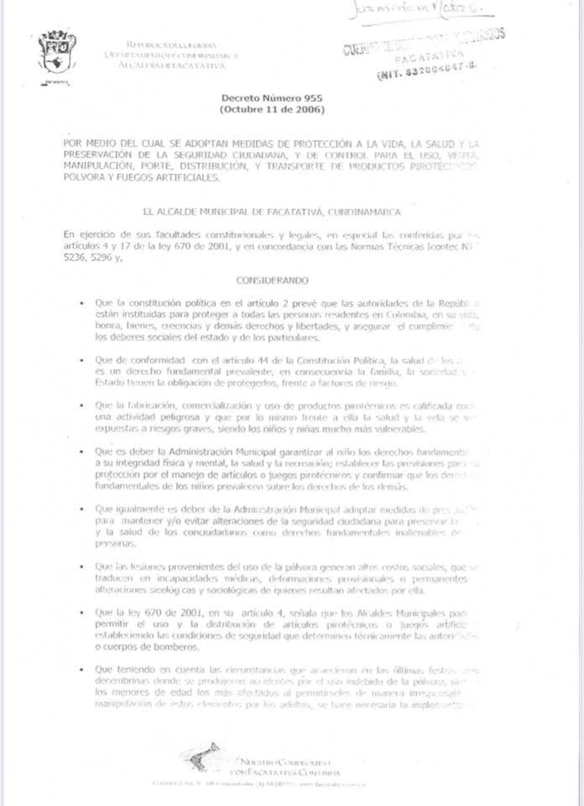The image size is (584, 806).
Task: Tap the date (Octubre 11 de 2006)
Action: tap(260, 109)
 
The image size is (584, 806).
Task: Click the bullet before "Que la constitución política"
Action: tap(80, 302)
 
